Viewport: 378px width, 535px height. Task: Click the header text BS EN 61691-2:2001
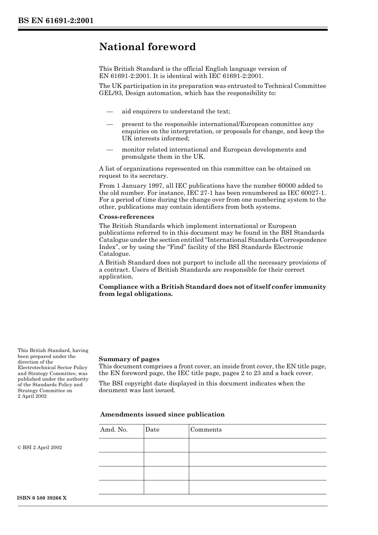click(x=55, y=21)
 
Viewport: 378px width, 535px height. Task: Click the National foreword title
click(x=147, y=47)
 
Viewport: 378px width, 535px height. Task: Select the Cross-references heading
click(x=126, y=217)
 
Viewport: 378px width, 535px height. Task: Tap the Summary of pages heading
click(x=129, y=359)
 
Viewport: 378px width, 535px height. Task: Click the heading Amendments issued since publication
click(x=162, y=414)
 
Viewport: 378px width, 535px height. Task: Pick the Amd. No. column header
click(x=114, y=430)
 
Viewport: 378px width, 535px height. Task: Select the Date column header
click(x=152, y=430)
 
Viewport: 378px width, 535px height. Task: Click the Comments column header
click(x=206, y=430)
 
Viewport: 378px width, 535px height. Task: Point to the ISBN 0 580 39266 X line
click(x=42, y=498)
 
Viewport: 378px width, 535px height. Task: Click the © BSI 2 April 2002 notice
click(x=40, y=447)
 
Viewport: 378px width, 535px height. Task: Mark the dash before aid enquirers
click(x=110, y=111)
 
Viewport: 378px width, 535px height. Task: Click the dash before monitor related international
click(x=110, y=150)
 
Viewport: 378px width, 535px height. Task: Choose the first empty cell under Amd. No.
click(x=121, y=445)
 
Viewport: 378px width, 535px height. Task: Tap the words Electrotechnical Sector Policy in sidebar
click(x=53, y=368)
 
